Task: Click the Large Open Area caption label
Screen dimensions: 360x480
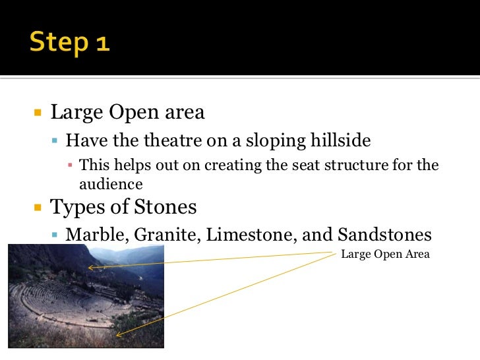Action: [x=385, y=254]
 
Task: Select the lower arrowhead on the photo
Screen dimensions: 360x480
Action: [x=118, y=334]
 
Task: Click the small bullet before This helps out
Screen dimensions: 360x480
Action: [x=71, y=165]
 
